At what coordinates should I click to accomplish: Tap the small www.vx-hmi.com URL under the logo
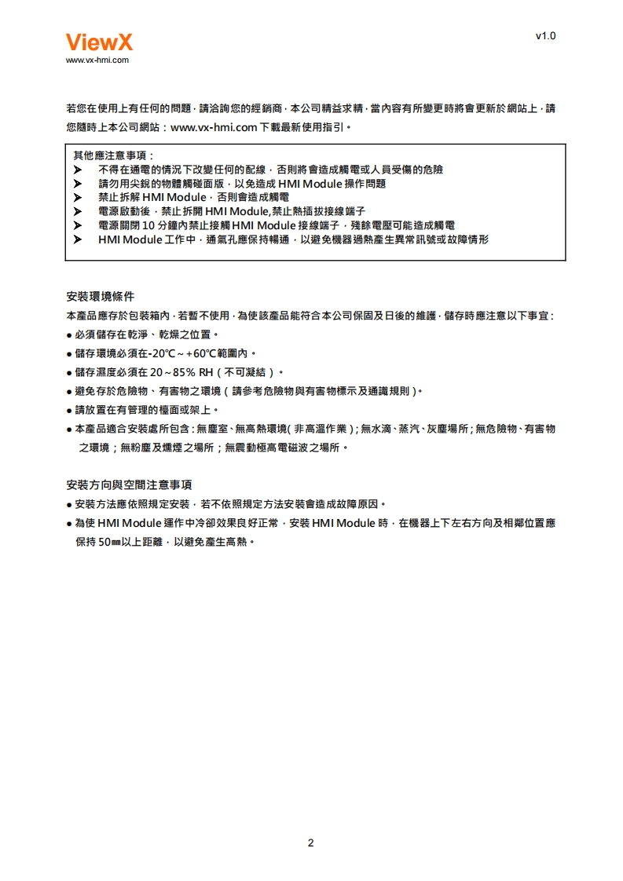97,60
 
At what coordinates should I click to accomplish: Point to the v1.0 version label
545,36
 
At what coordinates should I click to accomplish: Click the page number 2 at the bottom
310,843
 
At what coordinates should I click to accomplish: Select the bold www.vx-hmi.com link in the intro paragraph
214,126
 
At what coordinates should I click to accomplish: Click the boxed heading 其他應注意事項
113,155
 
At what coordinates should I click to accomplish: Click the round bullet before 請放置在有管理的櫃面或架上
70,410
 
